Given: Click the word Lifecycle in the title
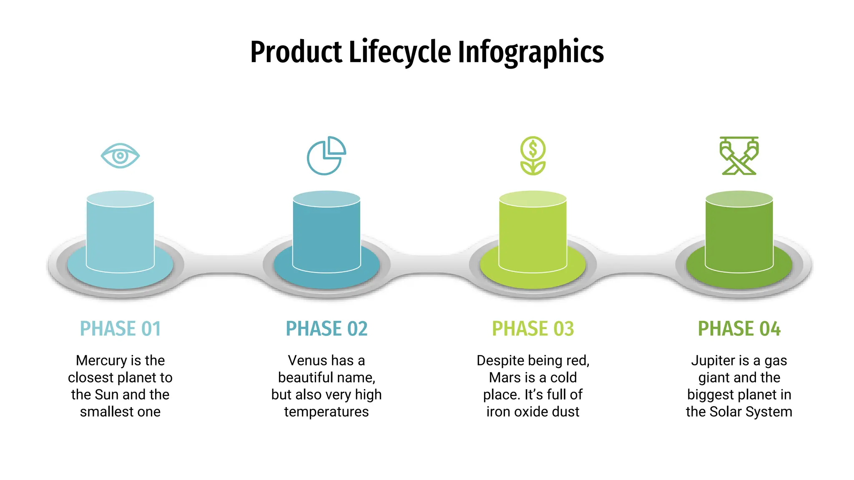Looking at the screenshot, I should coord(399,52).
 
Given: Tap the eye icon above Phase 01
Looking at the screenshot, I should coord(120,156).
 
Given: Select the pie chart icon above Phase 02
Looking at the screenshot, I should coord(326,156).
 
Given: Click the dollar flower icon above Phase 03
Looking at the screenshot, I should coord(532,155).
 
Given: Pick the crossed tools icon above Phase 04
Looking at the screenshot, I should coord(739,155).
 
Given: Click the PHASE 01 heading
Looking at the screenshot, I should coord(120,329).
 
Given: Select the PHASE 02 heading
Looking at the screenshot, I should coord(327,329).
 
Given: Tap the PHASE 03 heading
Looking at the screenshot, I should coord(533,329).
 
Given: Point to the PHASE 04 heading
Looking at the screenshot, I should coord(739,329).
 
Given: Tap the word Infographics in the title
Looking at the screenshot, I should coord(530,52).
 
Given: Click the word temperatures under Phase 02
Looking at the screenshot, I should coord(327,412).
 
